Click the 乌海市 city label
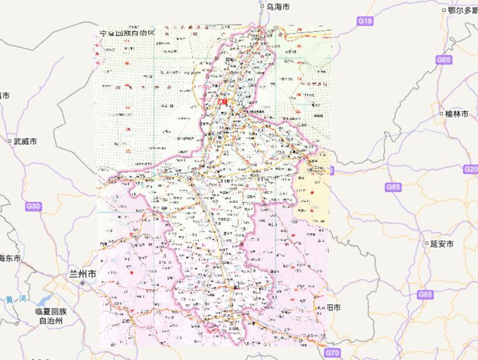tap(278, 7)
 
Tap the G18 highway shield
tap(365, 21)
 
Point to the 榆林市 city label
tap(457, 114)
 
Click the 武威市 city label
tap(25, 142)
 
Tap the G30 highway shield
tap(33, 206)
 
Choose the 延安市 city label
tap(441, 244)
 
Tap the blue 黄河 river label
tap(15, 300)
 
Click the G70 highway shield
tap(332, 353)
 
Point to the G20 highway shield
tap(470, 169)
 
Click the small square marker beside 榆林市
tap(441, 114)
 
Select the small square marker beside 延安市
tap(426, 244)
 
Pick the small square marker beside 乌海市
tap(262, 7)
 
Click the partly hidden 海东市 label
tap(10, 258)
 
